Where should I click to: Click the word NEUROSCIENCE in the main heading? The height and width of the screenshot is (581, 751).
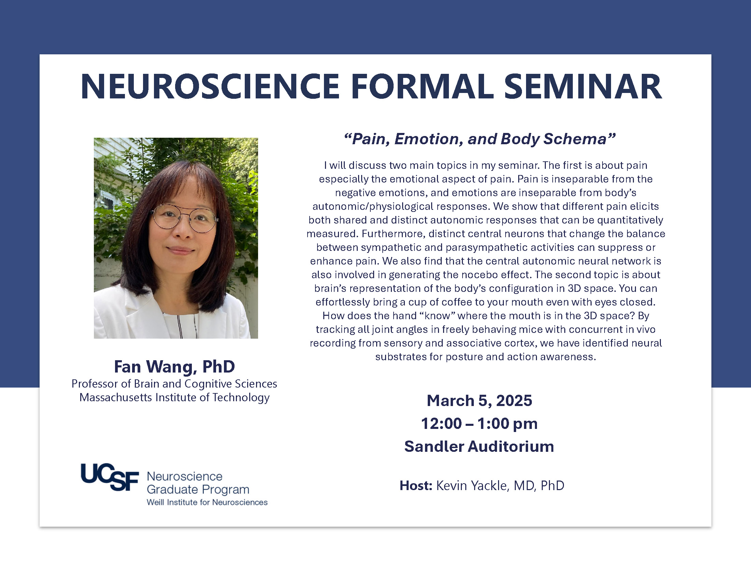coord(210,87)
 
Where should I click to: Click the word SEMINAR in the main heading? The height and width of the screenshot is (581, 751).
coord(582,87)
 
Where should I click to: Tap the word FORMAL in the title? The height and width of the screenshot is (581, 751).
coord(422,87)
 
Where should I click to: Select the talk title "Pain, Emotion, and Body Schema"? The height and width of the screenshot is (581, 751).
coord(479,139)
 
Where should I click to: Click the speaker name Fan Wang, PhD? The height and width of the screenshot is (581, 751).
coord(175,367)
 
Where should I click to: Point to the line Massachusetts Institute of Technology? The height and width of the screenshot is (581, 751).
coord(174,397)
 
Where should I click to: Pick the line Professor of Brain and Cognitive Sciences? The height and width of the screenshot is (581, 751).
coord(174,384)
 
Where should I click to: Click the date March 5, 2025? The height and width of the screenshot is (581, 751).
coord(479,401)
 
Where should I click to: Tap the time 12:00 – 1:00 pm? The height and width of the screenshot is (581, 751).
coord(479,424)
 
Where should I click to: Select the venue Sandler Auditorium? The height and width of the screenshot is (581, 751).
coord(479,446)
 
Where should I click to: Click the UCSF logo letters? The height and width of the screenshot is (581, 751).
coord(110,477)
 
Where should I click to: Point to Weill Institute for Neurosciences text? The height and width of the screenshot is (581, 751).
coord(207,502)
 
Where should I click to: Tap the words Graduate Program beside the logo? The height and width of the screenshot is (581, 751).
coord(198,490)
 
